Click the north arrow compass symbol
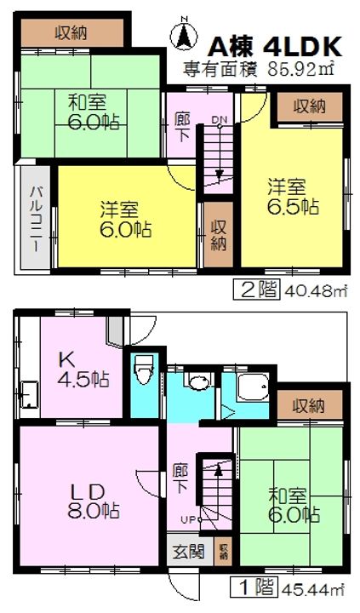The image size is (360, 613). (x=181, y=37)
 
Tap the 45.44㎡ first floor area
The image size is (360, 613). (x=301, y=587)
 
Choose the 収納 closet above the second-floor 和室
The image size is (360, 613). (x=74, y=32)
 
